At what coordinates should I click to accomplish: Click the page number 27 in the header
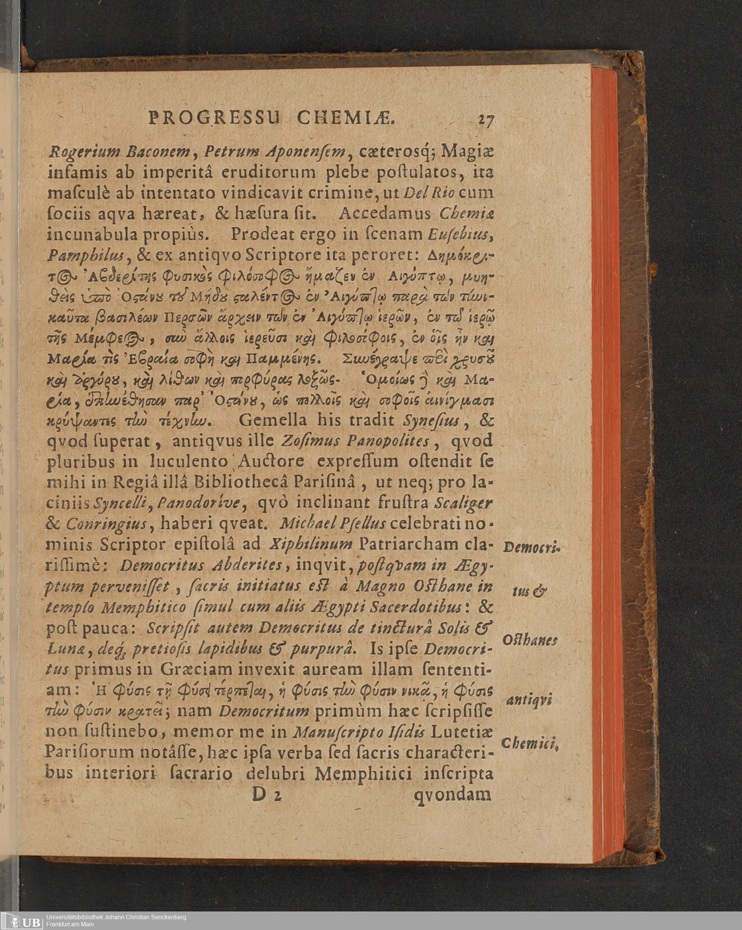tap(486, 119)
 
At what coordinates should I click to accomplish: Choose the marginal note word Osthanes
tap(530, 640)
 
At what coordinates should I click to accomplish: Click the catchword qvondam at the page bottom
tap(453, 794)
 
